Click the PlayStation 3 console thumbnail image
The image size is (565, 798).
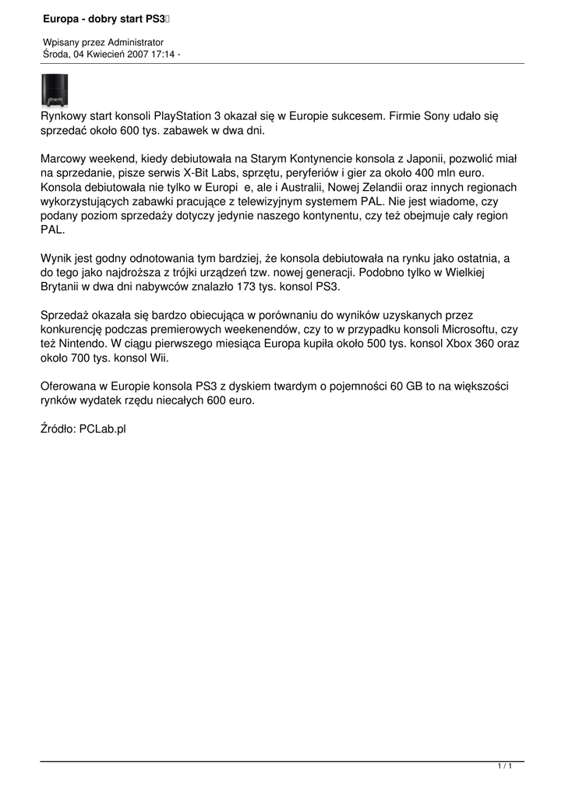54,90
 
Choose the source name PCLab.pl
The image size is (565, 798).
102,429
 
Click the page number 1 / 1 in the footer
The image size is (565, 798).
504,768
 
